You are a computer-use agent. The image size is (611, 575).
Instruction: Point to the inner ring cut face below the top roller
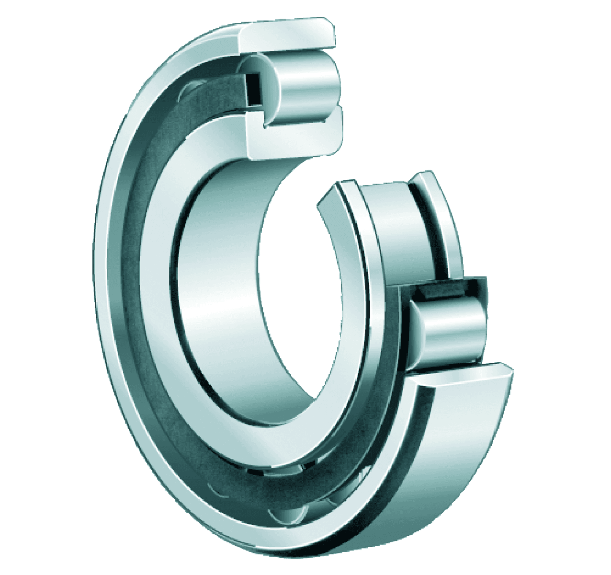click(x=294, y=139)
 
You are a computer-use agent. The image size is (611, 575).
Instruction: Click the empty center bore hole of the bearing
click(x=292, y=297)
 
